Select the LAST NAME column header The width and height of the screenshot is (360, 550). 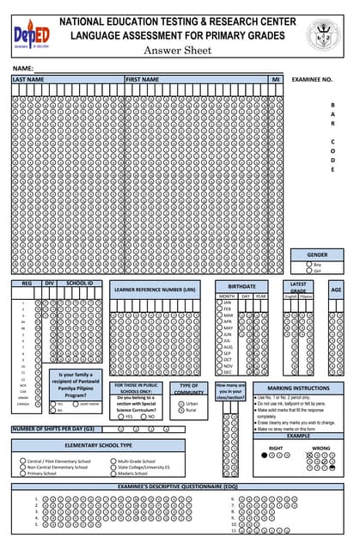28,79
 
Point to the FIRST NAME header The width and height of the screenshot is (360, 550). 143,79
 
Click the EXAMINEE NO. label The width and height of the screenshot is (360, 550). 312,79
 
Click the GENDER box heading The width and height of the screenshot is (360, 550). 317,254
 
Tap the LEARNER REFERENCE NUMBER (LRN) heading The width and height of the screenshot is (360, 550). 151,290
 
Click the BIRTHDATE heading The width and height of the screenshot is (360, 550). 241,285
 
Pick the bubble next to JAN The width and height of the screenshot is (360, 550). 219,302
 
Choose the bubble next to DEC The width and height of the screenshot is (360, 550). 219,372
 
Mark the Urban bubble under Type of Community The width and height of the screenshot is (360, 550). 180,403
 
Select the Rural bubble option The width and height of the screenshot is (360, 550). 180,410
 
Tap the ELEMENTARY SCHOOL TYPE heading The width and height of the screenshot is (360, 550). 98,445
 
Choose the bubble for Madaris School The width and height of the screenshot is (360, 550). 112,473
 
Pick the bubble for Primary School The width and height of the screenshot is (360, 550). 22,473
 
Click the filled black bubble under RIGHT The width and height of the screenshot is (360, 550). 264,455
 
